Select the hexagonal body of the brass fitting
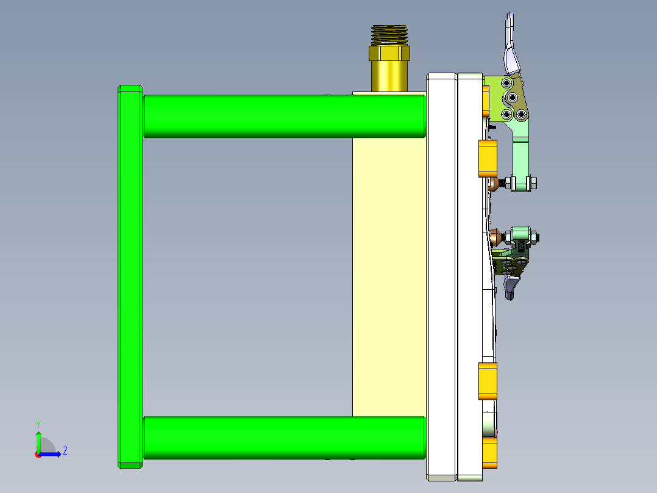(x=389, y=54)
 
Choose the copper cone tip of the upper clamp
(x=492, y=183)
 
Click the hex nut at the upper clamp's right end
(x=533, y=182)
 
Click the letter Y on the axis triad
(x=38, y=423)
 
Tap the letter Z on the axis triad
(x=65, y=451)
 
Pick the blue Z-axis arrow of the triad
(x=53, y=453)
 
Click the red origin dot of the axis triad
(x=38, y=454)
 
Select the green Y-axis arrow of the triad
(x=38, y=441)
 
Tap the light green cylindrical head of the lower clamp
(x=521, y=234)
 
